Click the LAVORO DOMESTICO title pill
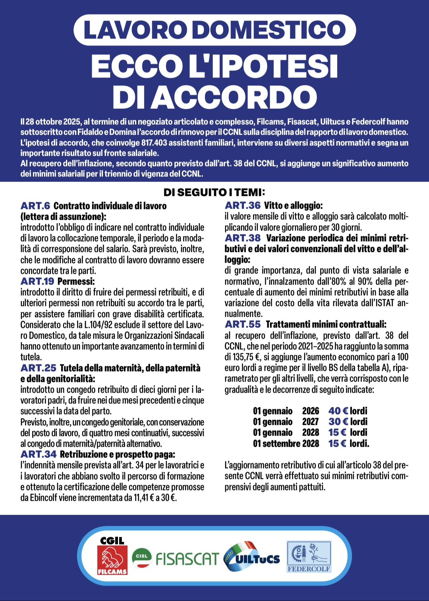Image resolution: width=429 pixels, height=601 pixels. (214, 30)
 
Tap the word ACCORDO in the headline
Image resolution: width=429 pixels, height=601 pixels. (235, 97)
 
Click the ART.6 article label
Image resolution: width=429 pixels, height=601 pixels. (35, 206)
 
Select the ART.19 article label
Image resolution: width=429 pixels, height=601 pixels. (37, 281)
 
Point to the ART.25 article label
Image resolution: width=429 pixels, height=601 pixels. (38, 368)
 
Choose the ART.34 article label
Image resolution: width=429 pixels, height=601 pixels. (38, 454)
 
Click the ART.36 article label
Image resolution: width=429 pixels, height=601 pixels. (243, 206)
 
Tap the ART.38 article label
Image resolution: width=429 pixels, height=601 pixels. (243, 238)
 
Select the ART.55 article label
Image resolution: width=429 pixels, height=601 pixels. (243, 324)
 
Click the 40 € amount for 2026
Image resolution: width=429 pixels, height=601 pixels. (338, 411)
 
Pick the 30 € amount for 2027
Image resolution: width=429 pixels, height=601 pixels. (338, 422)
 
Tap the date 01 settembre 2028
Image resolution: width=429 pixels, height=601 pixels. (286, 443)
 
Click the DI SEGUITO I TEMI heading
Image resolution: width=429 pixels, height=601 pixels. (214, 193)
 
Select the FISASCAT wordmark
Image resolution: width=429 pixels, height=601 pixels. (187, 559)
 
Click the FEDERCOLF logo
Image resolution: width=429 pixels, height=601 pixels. (309, 556)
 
